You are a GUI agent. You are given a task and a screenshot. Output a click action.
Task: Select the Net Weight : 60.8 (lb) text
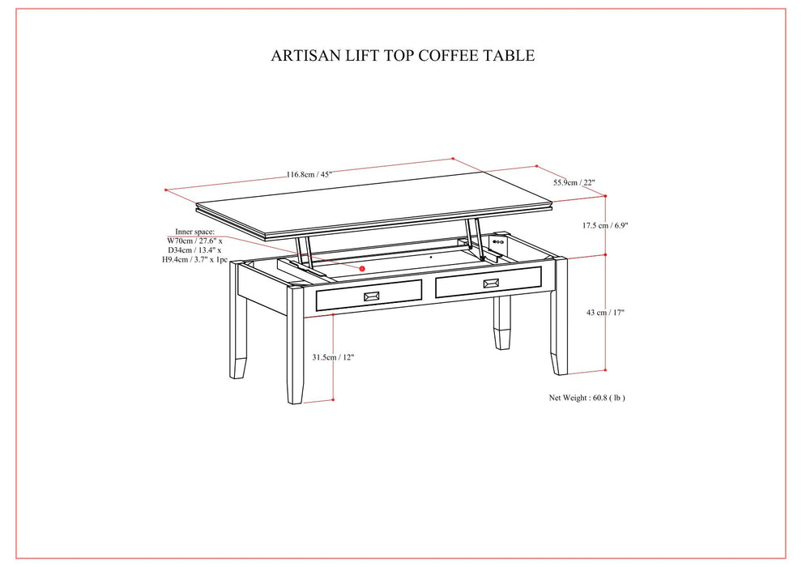point(587,398)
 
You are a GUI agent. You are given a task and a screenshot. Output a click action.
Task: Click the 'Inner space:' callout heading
point(195,232)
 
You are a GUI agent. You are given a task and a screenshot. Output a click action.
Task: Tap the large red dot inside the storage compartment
point(363,268)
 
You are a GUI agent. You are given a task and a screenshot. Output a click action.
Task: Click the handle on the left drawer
point(374,296)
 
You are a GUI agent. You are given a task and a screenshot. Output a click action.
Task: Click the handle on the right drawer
point(491,283)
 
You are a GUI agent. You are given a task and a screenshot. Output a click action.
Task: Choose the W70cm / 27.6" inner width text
point(194,241)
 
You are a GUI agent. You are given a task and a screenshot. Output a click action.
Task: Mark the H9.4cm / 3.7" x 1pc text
point(195,260)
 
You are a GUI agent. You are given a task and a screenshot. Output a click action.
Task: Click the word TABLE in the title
point(510,56)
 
